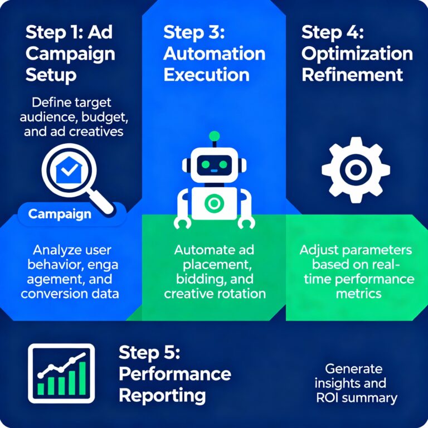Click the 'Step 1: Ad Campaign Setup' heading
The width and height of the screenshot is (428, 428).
(x=70, y=53)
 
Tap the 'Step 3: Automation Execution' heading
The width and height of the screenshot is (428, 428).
(x=214, y=53)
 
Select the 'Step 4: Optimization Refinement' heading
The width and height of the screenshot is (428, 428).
(x=357, y=53)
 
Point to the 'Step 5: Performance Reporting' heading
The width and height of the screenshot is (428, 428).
(x=174, y=374)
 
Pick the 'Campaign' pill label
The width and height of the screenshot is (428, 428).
(x=60, y=214)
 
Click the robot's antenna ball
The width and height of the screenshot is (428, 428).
(x=213, y=135)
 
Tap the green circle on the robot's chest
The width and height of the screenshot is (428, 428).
(x=213, y=203)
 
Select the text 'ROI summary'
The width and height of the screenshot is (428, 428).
(x=356, y=398)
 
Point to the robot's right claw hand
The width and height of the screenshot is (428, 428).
(x=246, y=223)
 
